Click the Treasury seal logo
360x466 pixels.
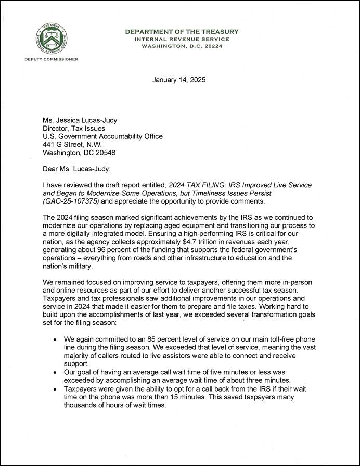51,40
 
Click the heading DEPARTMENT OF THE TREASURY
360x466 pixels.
182,32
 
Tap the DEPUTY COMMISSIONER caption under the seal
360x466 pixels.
51,59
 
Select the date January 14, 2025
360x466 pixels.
179,80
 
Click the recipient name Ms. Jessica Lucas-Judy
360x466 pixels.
80,120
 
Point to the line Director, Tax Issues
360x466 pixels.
73,129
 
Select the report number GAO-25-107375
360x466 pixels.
70,202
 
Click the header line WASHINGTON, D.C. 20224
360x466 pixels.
182,46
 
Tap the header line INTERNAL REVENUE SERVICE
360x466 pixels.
182,39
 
